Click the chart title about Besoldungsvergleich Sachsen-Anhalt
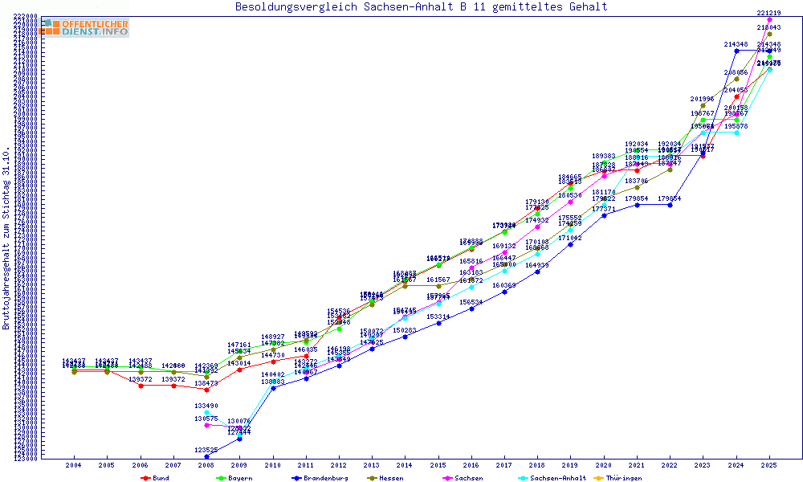pos(421,7)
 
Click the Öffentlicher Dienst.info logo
pos(84,27)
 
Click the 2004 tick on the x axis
pos(74,465)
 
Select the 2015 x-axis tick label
pos(438,465)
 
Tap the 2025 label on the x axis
pos(770,465)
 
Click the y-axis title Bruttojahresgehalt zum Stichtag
pos(6,239)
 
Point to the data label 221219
pos(769,13)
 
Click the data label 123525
pos(206,450)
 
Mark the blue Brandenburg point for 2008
pos(207,456)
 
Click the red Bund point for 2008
pos(207,390)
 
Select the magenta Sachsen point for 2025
pos(770,19)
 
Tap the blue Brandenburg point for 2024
pos(736,51)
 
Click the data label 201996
pos(703,99)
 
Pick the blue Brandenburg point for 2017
pos(504,292)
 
